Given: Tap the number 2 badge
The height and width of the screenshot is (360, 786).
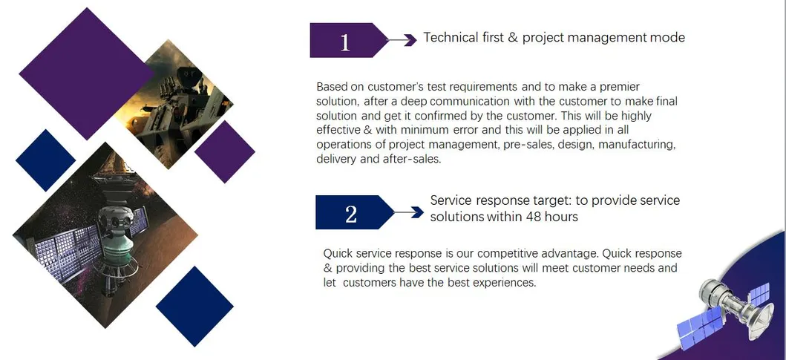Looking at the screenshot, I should click(351, 213).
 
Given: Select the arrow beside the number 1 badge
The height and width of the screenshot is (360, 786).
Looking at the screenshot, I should click(404, 40).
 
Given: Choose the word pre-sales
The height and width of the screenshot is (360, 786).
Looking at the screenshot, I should click(525, 145).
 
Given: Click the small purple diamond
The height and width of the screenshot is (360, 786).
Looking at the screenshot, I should click(225, 151).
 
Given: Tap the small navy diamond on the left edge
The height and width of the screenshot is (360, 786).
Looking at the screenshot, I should click(45, 160).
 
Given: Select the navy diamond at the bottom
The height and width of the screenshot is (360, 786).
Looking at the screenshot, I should click(194, 307).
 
